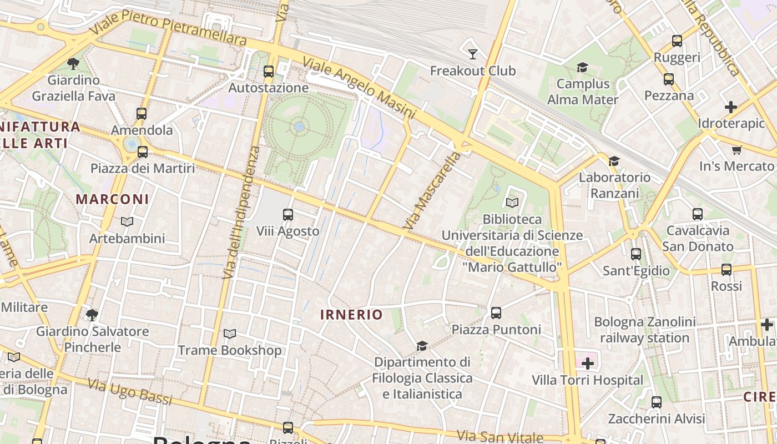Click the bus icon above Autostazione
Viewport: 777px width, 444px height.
point(269,72)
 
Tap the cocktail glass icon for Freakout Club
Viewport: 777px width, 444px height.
point(473,54)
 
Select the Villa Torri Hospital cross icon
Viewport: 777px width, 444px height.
point(587,364)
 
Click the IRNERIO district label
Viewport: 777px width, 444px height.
point(351,315)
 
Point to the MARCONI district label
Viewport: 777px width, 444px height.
point(112,199)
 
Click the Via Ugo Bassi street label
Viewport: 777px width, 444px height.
point(130,392)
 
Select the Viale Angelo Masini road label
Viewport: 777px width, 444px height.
point(359,88)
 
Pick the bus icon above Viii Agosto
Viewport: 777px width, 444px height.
point(288,215)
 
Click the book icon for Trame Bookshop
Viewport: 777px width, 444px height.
point(230,334)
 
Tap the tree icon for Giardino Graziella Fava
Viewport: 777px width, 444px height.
point(73,63)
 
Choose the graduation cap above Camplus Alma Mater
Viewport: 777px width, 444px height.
point(582,68)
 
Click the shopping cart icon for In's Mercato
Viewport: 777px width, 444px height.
point(737,150)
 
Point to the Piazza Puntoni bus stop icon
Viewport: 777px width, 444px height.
point(496,313)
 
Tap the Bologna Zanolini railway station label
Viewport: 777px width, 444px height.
point(644,330)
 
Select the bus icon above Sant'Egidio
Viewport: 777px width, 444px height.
point(636,254)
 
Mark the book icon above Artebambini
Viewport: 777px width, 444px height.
point(127,222)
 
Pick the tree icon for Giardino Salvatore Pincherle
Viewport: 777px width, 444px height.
point(92,315)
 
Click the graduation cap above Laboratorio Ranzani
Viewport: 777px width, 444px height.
point(614,161)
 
